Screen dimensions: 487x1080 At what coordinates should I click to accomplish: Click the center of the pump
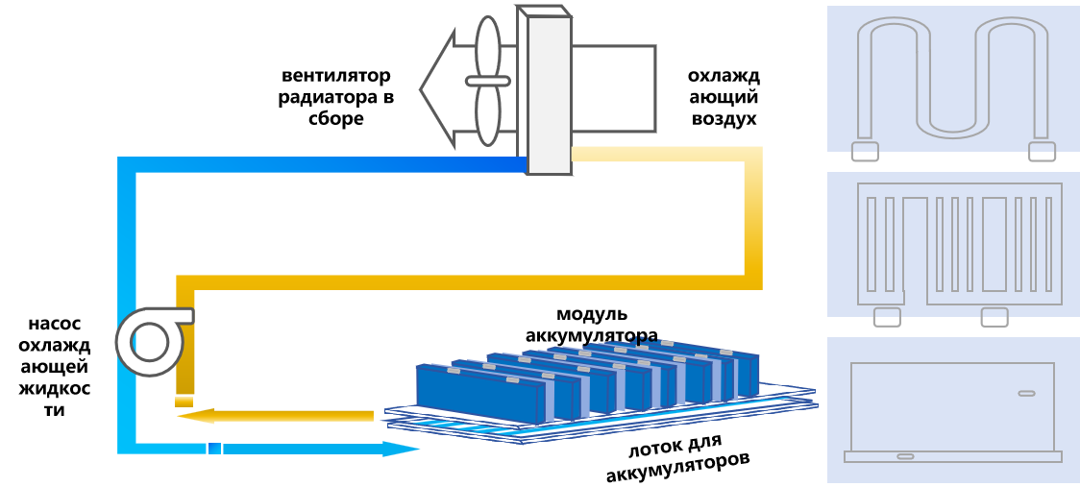(x=150, y=342)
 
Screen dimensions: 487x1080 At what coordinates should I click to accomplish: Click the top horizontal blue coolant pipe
(x=327, y=165)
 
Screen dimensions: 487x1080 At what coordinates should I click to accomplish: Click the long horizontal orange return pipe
(x=461, y=282)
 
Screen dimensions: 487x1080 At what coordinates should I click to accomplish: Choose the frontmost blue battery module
(x=480, y=394)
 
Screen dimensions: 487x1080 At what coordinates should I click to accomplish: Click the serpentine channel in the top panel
(x=952, y=77)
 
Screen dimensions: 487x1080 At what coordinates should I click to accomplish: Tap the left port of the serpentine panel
(x=865, y=152)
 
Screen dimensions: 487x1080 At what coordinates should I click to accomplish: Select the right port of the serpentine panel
(x=1042, y=152)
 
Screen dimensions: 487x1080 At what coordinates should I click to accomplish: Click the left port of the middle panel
(x=887, y=317)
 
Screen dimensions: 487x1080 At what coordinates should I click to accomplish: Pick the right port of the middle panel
(x=994, y=317)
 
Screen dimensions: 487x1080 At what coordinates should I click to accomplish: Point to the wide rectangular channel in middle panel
(x=994, y=244)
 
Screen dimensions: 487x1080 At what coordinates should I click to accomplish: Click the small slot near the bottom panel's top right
(x=1026, y=393)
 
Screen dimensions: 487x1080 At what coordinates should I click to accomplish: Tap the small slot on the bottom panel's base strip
(x=905, y=456)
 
